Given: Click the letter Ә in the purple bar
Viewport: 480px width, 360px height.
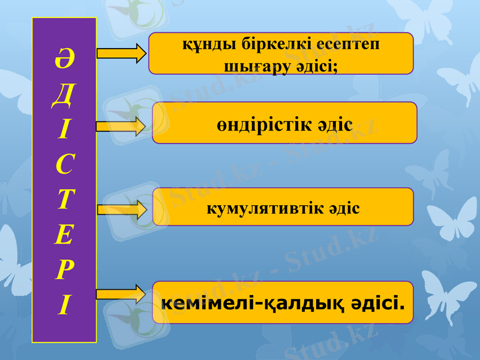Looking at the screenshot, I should pyautogui.click(x=64, y=61).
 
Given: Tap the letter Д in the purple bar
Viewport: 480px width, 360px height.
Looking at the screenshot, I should pyautogui.click(x=64, y=96).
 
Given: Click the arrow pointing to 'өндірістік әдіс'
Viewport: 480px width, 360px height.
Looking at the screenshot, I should pyautogui.click(x=121, y=125).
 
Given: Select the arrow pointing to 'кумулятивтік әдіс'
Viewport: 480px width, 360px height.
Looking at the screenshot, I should pyautogui.click(x=122, y=209).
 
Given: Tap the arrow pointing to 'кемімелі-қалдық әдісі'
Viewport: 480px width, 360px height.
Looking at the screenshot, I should pyautogui.click(x=121, y=294).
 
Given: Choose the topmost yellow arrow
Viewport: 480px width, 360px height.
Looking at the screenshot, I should pyautogui.click(x=121, y=53).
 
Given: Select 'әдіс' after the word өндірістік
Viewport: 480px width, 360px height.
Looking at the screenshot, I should pyautogui.click(x=335, y=125).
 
